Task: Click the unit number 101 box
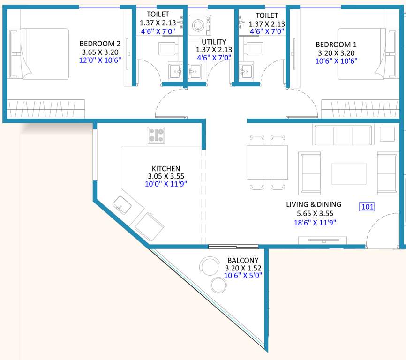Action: (x=367, y=206)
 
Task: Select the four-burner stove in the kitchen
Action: (x=156, y=135)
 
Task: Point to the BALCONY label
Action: (x=242, y=260)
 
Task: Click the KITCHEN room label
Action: (x=165, y=169)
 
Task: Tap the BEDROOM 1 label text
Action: (x=336, y=45)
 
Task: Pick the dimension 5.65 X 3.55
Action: (x=313, y=213)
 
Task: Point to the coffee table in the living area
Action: (x=348, y=173)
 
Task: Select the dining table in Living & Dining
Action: (x=267, y=162)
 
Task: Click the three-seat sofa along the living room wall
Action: (x=343, y=135)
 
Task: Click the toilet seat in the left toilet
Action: (x=167, y=49)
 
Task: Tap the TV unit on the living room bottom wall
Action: (x=323, y=240)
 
